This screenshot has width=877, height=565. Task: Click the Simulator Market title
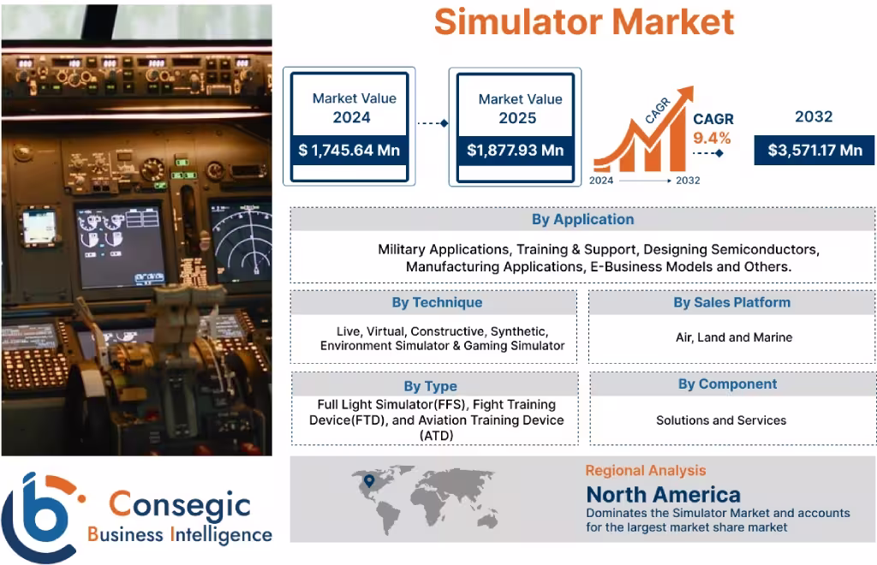[583, 21]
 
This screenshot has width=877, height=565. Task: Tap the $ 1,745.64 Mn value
[349, 151]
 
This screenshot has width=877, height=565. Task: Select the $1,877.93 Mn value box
[515, 151]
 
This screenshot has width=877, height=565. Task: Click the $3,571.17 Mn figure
[814, 151]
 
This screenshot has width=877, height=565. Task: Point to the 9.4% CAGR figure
[712, 138]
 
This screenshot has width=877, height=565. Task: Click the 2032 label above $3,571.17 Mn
[813, 117]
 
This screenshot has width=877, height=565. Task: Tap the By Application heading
[582, 219]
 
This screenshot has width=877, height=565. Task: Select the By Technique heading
[437, 302]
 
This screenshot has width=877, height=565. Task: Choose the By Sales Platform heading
[731, 302]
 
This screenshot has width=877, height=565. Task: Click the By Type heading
[430, 386]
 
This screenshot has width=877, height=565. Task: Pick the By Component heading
[727, 384]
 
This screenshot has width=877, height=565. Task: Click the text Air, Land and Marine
[733, 337]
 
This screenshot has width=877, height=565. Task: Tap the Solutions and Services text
[721, 420]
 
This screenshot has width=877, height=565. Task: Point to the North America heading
[663, 494]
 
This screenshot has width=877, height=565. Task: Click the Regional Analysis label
[645, 470]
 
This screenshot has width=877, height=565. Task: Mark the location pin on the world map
[368, 482]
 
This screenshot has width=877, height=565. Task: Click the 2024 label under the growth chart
[601, 181]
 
